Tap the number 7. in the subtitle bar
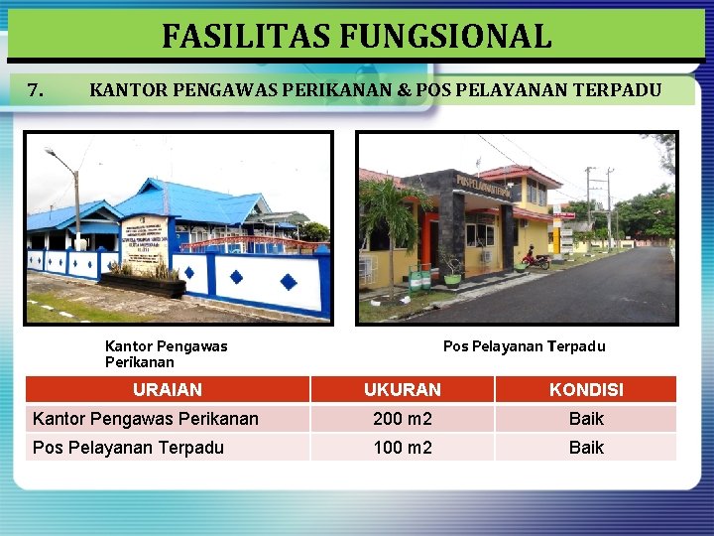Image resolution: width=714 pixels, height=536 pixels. click(x=35, y=90)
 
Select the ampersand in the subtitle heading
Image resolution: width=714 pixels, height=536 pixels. click(x=404, y=90)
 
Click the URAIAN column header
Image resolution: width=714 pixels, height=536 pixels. click(x=167, y=390)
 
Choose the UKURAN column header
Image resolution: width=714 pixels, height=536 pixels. click(x=402, y=390)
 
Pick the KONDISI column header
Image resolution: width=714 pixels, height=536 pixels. click(x=586, y=390)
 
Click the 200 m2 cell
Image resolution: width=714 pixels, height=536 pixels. click(x=402, y=419)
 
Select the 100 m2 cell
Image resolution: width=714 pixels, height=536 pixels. click(x=402, y=448)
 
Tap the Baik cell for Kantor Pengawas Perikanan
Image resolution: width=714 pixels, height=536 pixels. click(x=586, y=419)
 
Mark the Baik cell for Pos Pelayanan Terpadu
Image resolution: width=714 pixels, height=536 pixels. click(x=586, y=448)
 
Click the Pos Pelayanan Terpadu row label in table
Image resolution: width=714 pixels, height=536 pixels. click(x=128, y=448)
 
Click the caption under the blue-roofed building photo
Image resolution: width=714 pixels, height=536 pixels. click(x=166, y=354)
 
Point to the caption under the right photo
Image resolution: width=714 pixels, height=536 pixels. click(x=524, y=346)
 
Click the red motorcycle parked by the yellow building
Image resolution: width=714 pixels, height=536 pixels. click(x=535, y=260)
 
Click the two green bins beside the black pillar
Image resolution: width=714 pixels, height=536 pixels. click(x=419, y=279)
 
